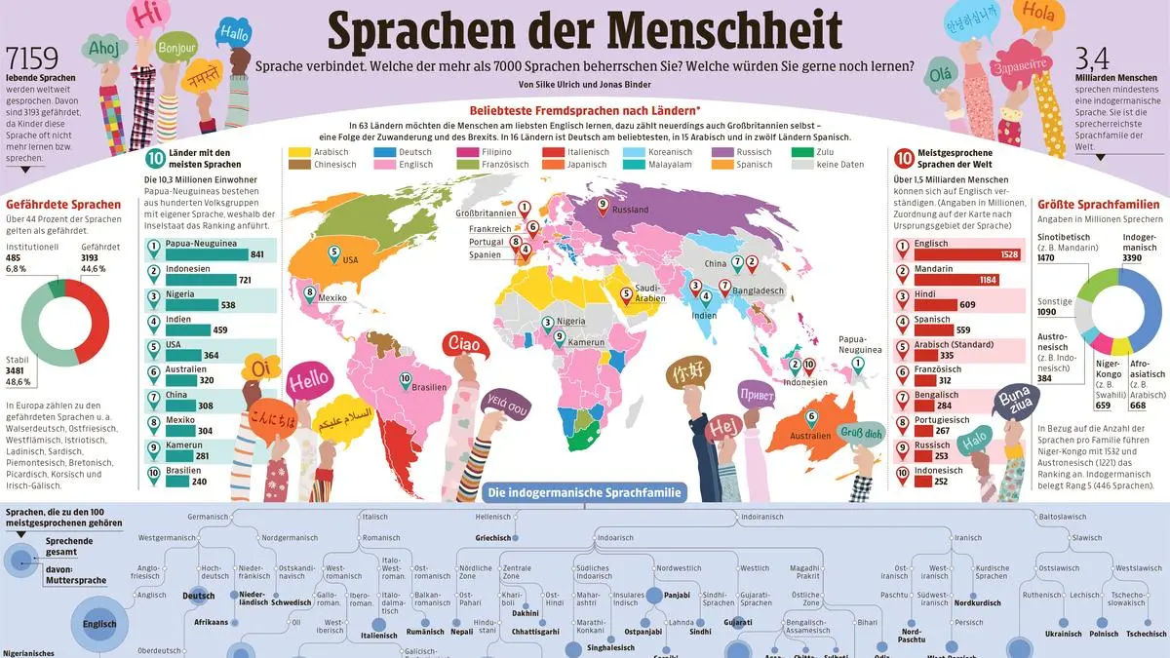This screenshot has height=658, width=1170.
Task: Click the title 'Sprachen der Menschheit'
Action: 584,31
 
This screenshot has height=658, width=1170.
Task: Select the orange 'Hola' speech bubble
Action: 1038,15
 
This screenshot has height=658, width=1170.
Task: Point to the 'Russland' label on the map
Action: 630,210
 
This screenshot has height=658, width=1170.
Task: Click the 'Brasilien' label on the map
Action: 430,386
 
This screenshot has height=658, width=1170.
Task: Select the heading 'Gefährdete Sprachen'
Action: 63,205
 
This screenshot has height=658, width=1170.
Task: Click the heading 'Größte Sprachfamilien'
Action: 1098,205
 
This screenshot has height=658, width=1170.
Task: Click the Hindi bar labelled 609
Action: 939,305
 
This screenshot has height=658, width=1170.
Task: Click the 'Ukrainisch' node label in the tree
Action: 1063,634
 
